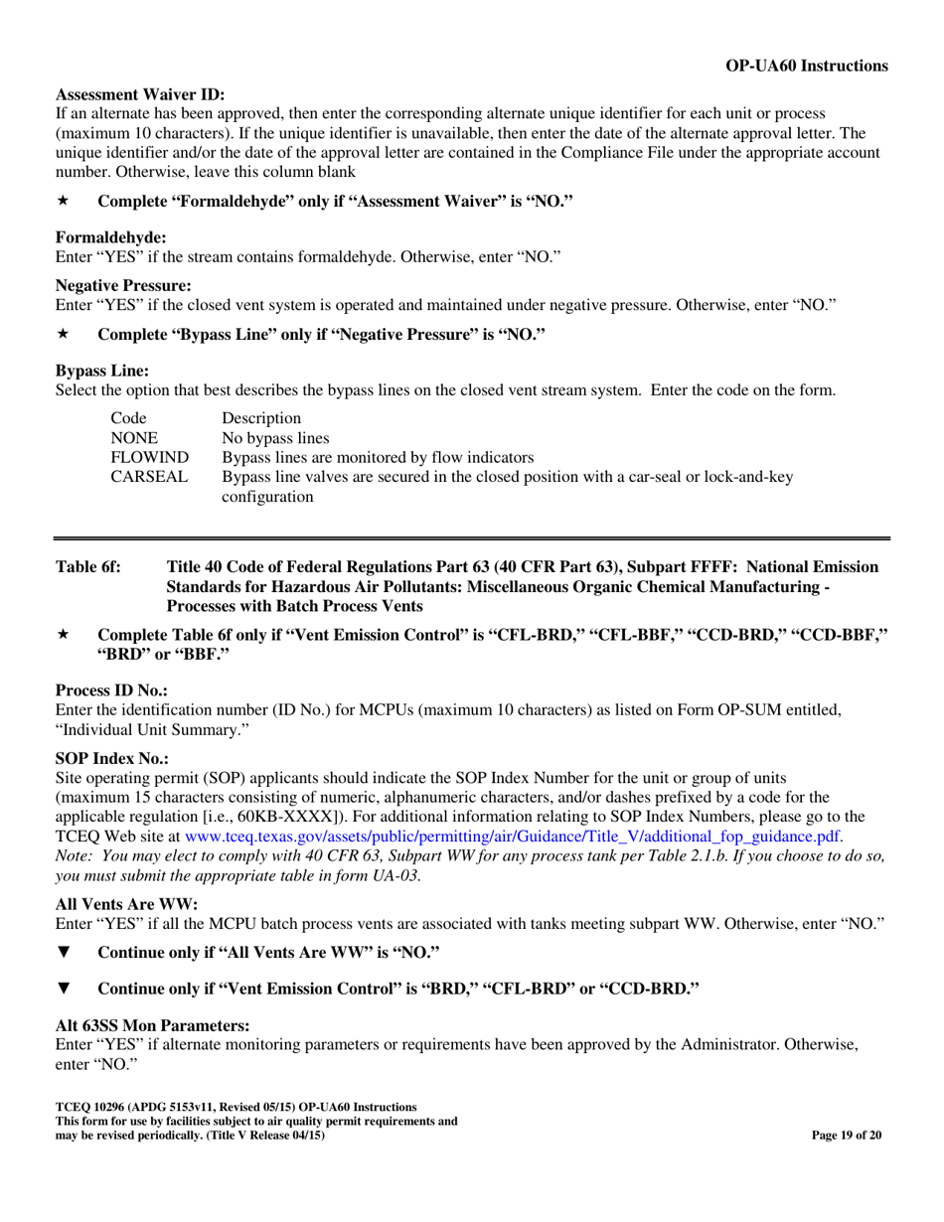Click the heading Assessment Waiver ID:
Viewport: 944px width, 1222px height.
tap(140, 95)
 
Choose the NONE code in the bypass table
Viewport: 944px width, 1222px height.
tap(133, 437)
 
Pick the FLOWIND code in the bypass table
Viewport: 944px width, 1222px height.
tap(149, 457)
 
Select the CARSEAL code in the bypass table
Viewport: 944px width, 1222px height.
tap(149, 477)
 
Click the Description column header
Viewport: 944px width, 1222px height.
tap(260, 417)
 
